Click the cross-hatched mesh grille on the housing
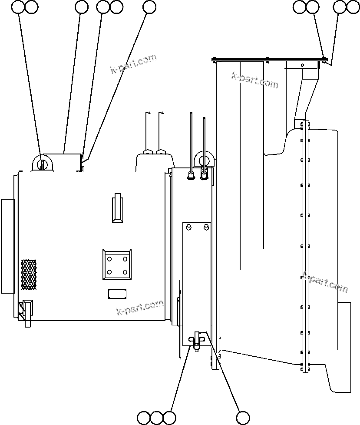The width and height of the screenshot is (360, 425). click(29, 274)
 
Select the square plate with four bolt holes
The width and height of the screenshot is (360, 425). click(117, 264)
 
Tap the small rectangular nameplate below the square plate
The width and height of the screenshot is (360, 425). click(117, 294)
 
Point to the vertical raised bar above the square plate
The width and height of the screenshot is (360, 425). click(117, 208)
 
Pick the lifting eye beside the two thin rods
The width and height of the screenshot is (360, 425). click(204, 160)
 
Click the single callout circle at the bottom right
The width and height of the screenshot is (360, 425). click(243, 418)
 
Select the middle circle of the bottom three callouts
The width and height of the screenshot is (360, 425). click(156, 418)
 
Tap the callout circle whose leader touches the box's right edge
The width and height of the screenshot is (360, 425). click(149, 7)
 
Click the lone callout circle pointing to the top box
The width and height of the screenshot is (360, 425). click(82, 7)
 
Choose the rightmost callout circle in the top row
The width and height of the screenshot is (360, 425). click(353, 7)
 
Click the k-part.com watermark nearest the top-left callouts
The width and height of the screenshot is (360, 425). click(133, 64)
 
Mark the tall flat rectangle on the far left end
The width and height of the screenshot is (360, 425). click(7, 246)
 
